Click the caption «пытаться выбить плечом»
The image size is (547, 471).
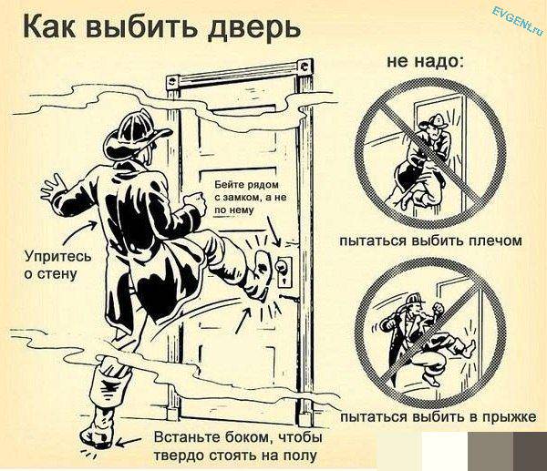429,241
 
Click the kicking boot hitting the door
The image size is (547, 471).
262,271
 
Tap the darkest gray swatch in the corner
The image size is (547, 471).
528,450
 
